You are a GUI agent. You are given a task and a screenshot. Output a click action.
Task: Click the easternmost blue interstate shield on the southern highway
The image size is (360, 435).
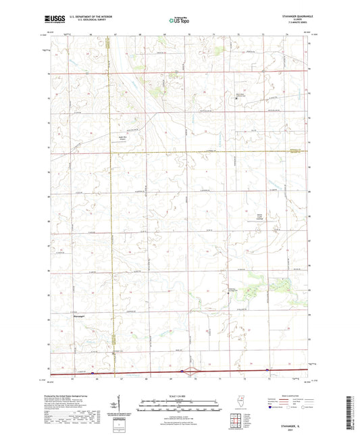pyautogui.click(x=268, y=370)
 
